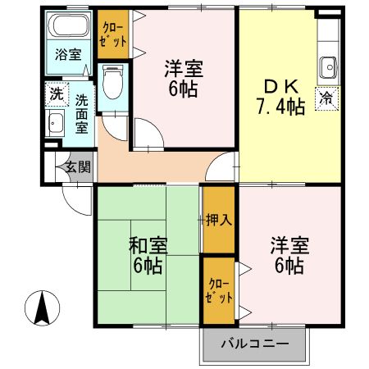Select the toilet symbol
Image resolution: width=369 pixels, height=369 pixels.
[115, 80]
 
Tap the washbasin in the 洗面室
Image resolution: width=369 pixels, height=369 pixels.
[56, 125]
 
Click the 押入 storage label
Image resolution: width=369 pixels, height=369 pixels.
[218, 219]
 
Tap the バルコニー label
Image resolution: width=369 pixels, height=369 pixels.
[253, 344]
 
